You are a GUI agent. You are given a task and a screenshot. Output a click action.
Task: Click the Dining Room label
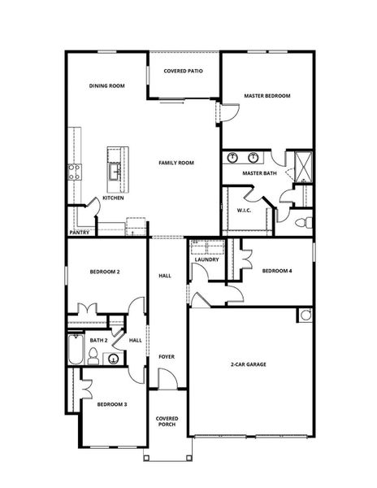(106, 85)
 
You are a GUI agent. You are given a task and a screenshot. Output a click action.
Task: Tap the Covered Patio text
(183, 72)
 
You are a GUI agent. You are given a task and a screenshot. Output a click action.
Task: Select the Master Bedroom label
(267, 96)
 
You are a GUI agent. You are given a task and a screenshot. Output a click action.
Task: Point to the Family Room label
(176, 163)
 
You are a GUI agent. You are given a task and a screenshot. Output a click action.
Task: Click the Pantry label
(79, 232)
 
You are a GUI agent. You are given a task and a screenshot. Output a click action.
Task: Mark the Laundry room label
(206, 259)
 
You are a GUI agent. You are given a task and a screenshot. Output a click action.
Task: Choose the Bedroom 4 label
(277, 272)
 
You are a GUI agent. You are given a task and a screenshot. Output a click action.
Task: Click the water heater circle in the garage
(305, 316)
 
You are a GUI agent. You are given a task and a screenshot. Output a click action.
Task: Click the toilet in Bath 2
(93, 355)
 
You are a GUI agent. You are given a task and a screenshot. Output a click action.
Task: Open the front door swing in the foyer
(167, 378)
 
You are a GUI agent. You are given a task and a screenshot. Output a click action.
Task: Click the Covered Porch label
(167, 422)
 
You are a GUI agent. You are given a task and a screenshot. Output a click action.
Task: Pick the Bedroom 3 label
(111, 403)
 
